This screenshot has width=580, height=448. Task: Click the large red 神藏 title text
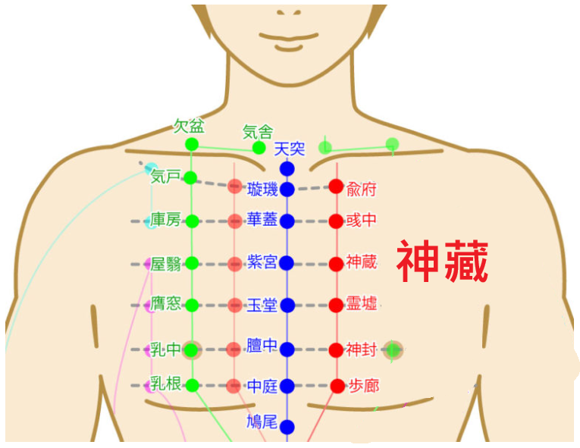443,261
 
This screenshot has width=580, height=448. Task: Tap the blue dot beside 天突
287,169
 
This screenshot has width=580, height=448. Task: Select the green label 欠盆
189,126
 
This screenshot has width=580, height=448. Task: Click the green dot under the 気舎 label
259,148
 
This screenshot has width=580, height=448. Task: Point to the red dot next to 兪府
336,186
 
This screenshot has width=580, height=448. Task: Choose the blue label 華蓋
262,219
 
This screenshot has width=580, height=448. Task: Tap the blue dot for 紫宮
287,263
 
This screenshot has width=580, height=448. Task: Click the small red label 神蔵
362,262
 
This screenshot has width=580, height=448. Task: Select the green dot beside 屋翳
192,263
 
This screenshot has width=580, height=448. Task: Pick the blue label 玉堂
262,305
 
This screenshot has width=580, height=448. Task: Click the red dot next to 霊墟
336,305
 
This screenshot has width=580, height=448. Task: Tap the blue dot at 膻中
287,349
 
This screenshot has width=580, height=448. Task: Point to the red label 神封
362,349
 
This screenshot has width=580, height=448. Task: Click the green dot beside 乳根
192,386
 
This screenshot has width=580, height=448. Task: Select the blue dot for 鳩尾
287,427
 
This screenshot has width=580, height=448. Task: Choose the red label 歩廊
364,386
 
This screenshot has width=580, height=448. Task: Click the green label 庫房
165,220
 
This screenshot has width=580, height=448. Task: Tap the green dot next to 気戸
190,178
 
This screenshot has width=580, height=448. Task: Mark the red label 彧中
362,221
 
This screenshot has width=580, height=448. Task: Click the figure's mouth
289,37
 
